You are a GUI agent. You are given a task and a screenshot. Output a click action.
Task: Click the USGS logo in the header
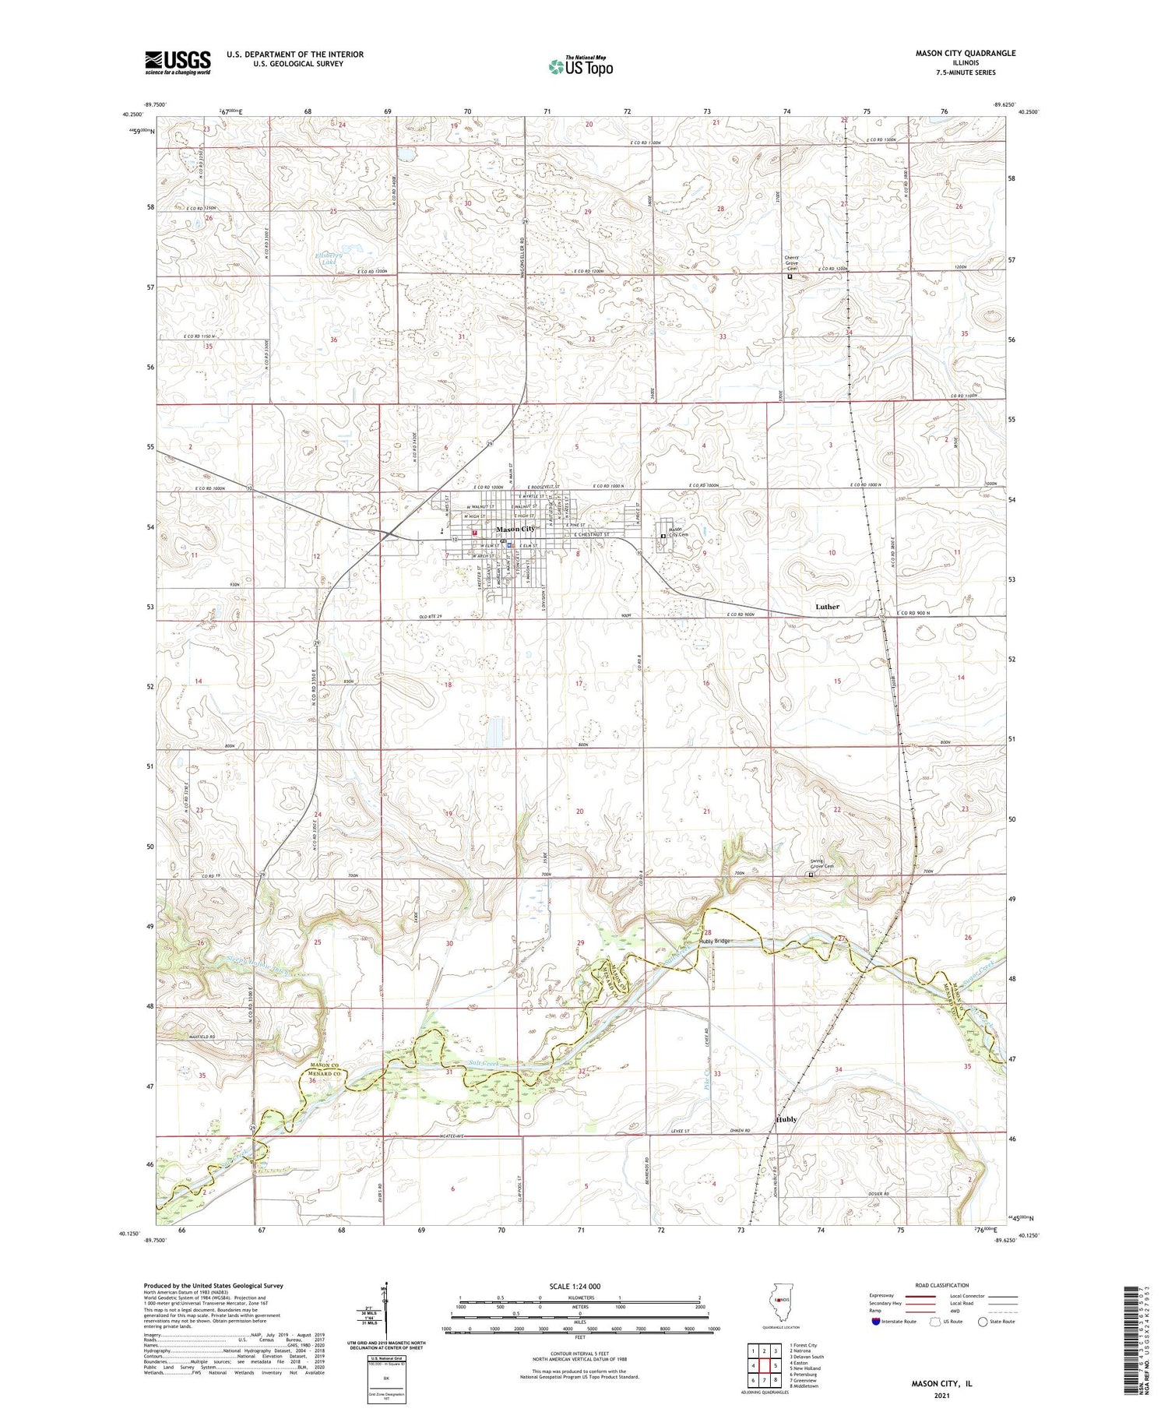point(178,62)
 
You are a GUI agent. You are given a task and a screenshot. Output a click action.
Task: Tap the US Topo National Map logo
point(580,66)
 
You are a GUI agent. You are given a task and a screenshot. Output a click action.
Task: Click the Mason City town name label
point(515,530)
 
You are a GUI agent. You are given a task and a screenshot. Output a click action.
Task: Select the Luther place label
point(827,607)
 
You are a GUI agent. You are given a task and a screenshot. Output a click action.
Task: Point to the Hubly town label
point(786,1119)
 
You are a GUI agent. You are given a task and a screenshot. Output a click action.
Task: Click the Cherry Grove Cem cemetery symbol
point(790,276)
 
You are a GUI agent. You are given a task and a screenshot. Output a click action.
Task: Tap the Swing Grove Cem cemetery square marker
point(811,875)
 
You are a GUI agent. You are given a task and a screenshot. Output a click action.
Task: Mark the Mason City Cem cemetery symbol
point(663,536)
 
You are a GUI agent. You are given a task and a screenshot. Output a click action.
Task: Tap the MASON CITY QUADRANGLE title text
point(966,54)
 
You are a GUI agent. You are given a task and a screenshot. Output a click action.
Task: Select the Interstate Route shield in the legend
point(876,1322)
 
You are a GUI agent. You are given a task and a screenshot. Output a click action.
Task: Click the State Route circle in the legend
point(983,1322)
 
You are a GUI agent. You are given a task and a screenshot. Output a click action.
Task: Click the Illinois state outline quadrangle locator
point(779,1302)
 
